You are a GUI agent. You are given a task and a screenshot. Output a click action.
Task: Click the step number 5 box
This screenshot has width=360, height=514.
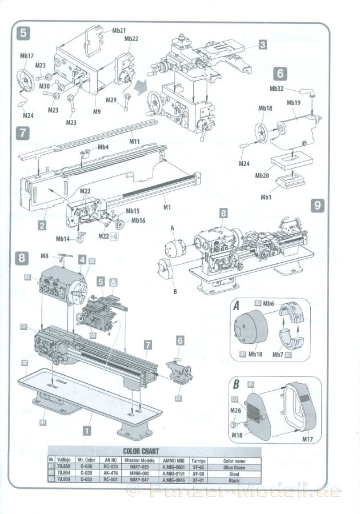[x=23, y=33]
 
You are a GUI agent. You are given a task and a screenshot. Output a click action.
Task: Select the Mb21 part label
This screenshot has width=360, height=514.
[x=119, y=30]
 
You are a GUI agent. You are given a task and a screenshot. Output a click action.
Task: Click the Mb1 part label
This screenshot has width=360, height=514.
[x=266, y=198]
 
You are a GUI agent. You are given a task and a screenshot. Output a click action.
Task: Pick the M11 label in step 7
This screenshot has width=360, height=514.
[x=135, y=141]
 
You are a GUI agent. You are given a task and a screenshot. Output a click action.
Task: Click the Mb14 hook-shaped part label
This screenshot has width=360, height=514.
[x=63, y=239]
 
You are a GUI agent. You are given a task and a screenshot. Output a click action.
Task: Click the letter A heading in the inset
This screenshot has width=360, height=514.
[x=236, y=306]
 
